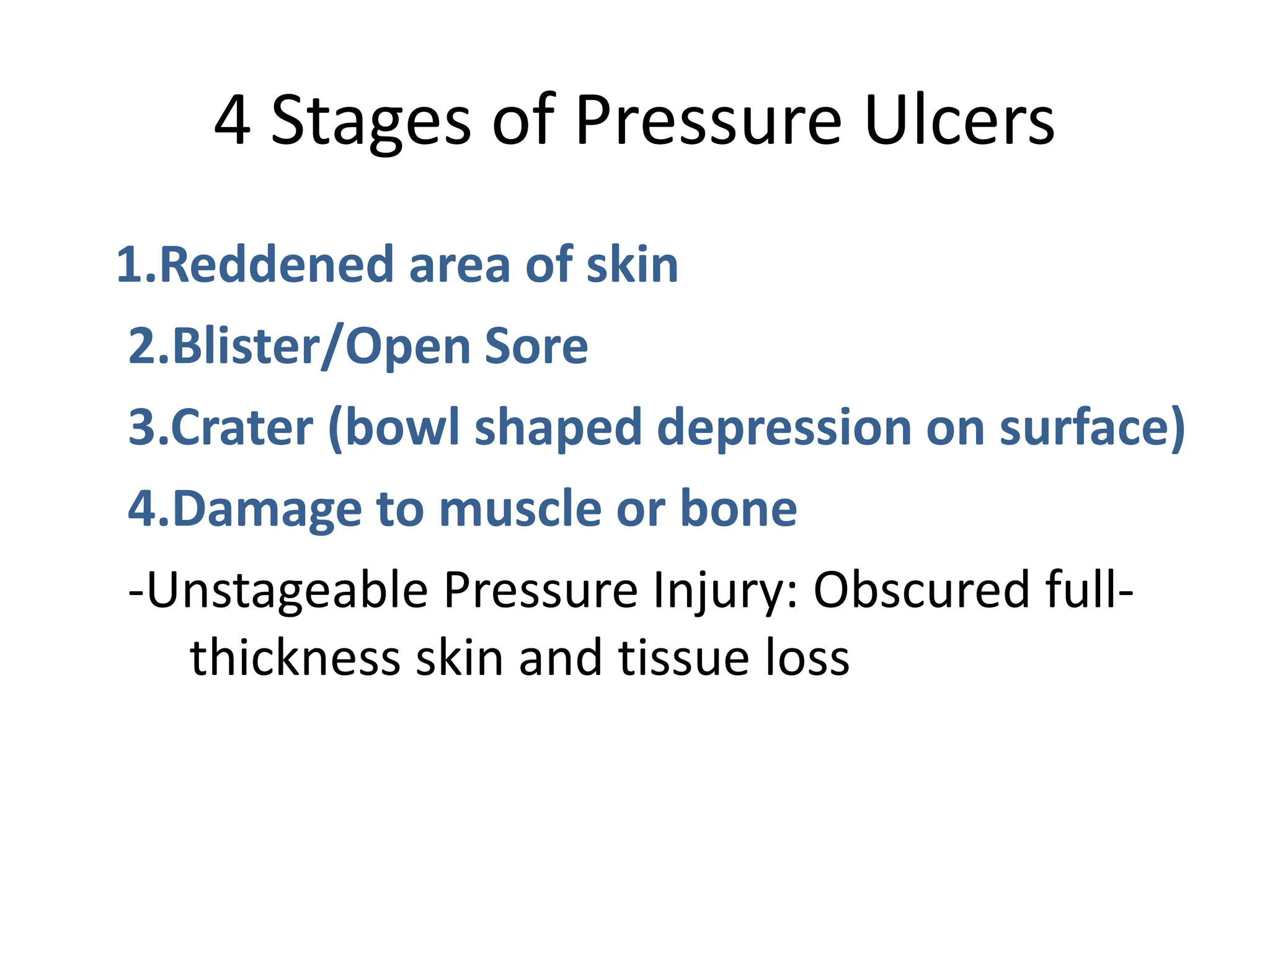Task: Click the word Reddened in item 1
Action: tap(277, 265)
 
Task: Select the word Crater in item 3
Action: tap(242, 427)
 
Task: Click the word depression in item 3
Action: tap(783, 427)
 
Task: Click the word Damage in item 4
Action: tap(267, 509)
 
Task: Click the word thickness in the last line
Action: tap(295, 658)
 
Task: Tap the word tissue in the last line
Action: tap(683, 658)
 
